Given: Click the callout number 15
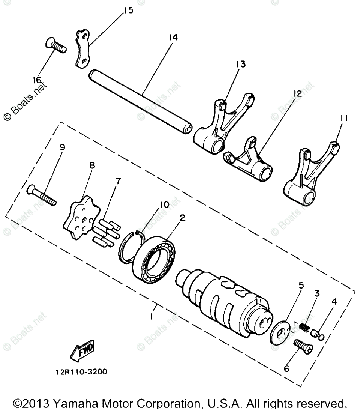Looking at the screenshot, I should point(128,10).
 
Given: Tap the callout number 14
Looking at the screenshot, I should point(173,38).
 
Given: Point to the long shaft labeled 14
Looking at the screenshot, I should point(141,101).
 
